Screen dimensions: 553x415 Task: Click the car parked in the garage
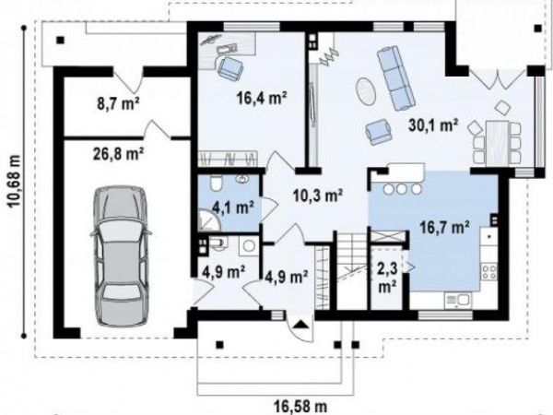pyautogui.click(x=121, y=255)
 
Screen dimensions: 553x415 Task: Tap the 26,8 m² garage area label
pyautogui.click(x=118, y=154)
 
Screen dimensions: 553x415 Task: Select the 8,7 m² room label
pyautogui.click(x=118, y=103)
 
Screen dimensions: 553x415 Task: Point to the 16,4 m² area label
pyautogui.click(x=262, y=98)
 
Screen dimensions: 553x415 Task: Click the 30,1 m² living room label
pyautogui.click(x=433, y=125)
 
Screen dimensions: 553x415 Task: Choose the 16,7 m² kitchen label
pyautogui.click(x=444, y=227)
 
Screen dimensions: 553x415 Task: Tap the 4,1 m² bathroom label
pyautogui.click(x=233, y=207)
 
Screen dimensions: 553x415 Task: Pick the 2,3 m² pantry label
pyautogui.click(x=387, y=278)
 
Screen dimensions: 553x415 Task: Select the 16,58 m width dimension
pyautogui.click(x=300, y=407)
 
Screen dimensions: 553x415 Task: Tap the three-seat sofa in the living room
pyautogui.click(x=395, y=77)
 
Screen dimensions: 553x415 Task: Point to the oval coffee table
pyautogui.click(x=365, y=90)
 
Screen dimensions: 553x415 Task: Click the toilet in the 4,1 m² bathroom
pyautogui.click(x=216, y=184)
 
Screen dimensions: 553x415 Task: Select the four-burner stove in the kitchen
pyautogui.click(x=489, y=272)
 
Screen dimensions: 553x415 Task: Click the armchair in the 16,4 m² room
pyautogui.click(x=230, y=67)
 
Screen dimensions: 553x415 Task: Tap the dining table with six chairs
pyautogui.click(x=497, y=141)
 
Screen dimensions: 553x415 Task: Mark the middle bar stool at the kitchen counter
pyautogui.click(x=402, y=189)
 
